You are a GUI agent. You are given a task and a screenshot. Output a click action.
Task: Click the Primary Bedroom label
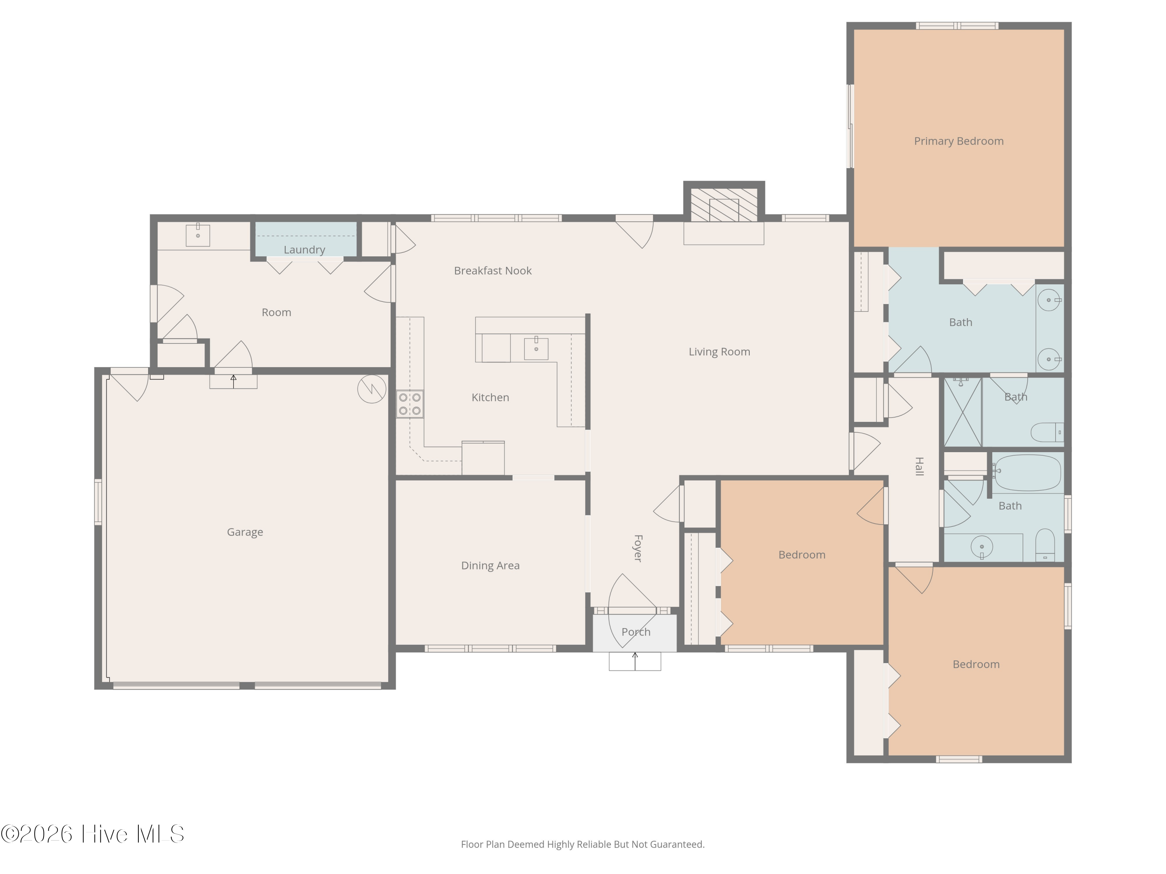pos(958,141)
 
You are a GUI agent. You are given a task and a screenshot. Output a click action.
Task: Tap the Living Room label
pos(719,352)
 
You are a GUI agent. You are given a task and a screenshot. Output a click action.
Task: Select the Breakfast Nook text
pos(493,271)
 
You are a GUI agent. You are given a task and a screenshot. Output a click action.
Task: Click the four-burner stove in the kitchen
pos(410,404)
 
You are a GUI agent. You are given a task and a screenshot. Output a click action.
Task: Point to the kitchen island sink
pos(536,349)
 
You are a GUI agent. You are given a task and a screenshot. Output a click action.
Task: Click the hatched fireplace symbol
pos(724,205)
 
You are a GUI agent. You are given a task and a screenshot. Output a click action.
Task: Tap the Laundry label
pos(304,250)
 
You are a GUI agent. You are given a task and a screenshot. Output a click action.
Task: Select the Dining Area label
pos(490,565)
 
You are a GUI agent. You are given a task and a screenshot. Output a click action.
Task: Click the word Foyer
pos(638,548)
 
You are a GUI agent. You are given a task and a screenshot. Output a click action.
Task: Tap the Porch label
pos(636,632)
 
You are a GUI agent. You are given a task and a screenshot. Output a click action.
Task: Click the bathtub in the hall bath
pos(1027,473)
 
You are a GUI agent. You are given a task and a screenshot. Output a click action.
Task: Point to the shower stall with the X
pos(962,412)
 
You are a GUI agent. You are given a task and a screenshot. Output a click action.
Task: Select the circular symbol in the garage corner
pos(372,389)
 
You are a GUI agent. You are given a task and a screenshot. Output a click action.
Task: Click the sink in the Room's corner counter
pos(198,235)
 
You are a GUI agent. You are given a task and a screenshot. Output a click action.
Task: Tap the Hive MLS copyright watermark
pos(93,834)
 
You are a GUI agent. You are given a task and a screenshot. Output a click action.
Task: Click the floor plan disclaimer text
pos(583,844)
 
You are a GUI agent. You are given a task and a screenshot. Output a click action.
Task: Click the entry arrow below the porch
pos(635,661)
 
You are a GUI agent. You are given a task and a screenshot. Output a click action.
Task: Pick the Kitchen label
pos(490,398)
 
